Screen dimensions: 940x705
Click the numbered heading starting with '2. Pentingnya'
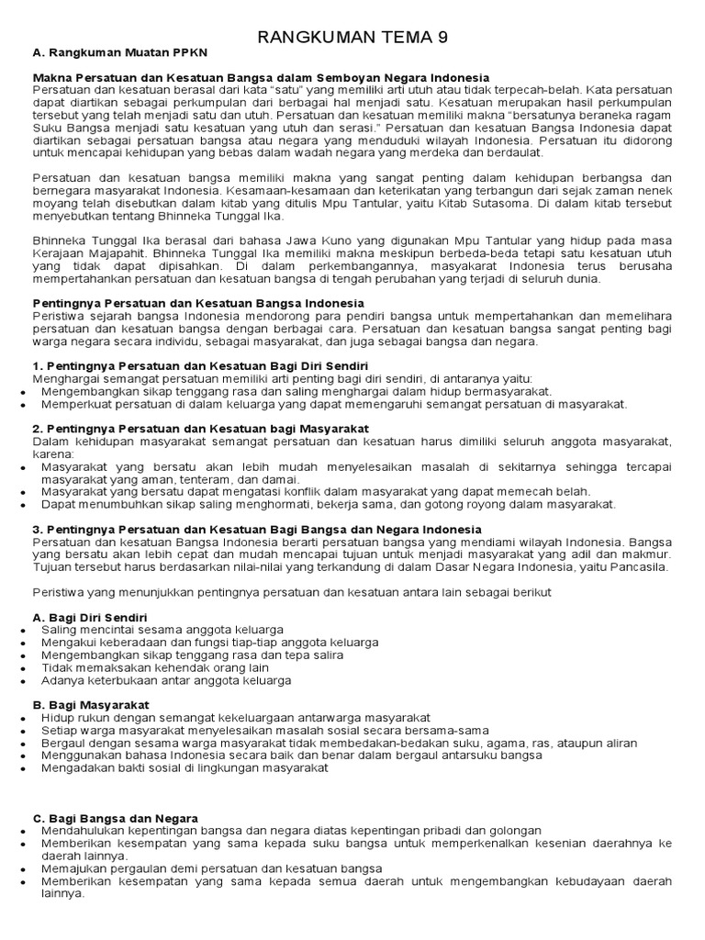pyautogui.click(x=201, y=428)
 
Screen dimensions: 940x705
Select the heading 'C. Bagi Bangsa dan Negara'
pyautogui.click(x=115, y=817)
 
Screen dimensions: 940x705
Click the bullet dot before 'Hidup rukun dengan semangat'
pyautogui.click(x=22, y=717)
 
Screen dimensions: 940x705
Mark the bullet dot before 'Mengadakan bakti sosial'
pyautogui.click(x=22, y=768)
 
